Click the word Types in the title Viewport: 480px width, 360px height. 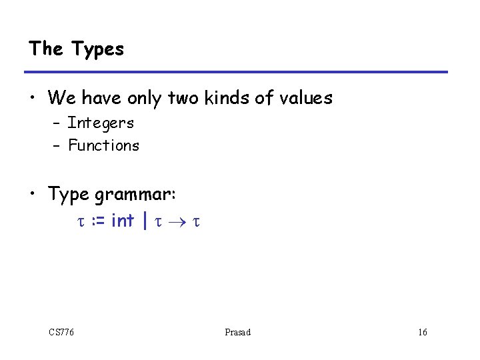pos(97,49)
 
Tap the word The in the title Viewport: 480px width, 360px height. pos(46,49)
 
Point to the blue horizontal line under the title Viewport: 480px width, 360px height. pos(236,72)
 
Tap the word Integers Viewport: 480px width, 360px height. pos(101,123)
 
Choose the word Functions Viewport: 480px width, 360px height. pos(103,145)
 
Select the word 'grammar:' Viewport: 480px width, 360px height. pos(135,195)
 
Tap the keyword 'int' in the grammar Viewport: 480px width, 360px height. pos(122,219)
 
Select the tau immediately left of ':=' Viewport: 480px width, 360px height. pos(75,221)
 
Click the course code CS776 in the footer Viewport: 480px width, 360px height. pos(61,332)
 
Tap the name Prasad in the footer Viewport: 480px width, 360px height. pos(238,332)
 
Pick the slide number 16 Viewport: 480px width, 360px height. pos(423,332)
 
